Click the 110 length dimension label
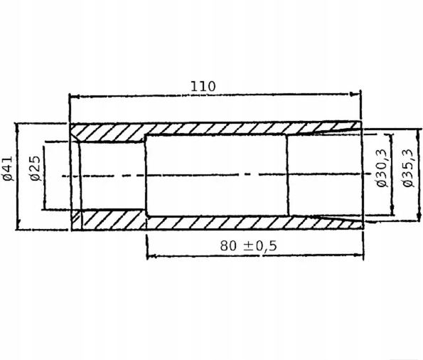pyautogui.click(x=203, y=86)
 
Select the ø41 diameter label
pyautogui.click(x=7, y=168)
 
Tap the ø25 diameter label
pyautogui.click(x=36, y=168)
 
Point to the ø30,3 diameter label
pyautogui.click(x=382, y=168)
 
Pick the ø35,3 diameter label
pyautogui.click(x=407, y=168)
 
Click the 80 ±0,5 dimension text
pyautogui.click(x=248, y=245)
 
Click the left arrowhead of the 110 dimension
pyautogui.click(x=73, y=97)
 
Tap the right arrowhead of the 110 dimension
pyautogui.click(x=355, y=94)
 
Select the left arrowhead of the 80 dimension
pyautogui.click(x=151, y=255)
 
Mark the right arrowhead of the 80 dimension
pyautogui.click(x=360, y=254)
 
